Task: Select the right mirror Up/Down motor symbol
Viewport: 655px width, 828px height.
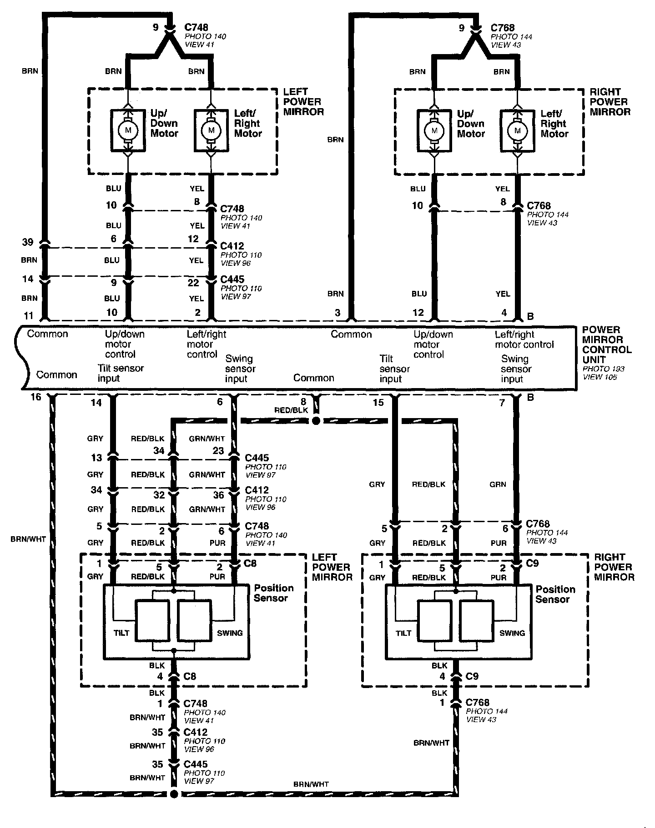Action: coord(434,131)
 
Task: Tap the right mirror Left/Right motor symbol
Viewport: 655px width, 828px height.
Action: coord(517,131)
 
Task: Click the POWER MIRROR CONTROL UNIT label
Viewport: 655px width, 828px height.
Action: coord(607,344)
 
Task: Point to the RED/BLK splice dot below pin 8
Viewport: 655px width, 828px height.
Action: coord(316,421)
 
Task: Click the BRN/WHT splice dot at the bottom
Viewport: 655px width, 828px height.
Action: coord(173,794)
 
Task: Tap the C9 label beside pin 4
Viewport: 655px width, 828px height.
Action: coord(473,676)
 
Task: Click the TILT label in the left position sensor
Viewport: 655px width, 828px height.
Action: coord(121,633)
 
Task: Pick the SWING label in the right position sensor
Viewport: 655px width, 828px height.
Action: coord(512,633)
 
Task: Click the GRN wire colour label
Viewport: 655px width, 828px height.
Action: coord(498,484)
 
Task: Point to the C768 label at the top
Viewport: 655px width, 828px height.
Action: coord(502,28)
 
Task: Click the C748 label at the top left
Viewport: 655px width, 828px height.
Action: coord(197,28)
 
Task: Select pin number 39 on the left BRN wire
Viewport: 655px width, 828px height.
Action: coord(28,242)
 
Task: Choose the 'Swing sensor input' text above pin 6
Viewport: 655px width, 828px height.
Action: coord(240,369)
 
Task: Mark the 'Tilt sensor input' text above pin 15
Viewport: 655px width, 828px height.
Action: coord(394,369)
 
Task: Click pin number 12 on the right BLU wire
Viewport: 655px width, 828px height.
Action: coord(418,312)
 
